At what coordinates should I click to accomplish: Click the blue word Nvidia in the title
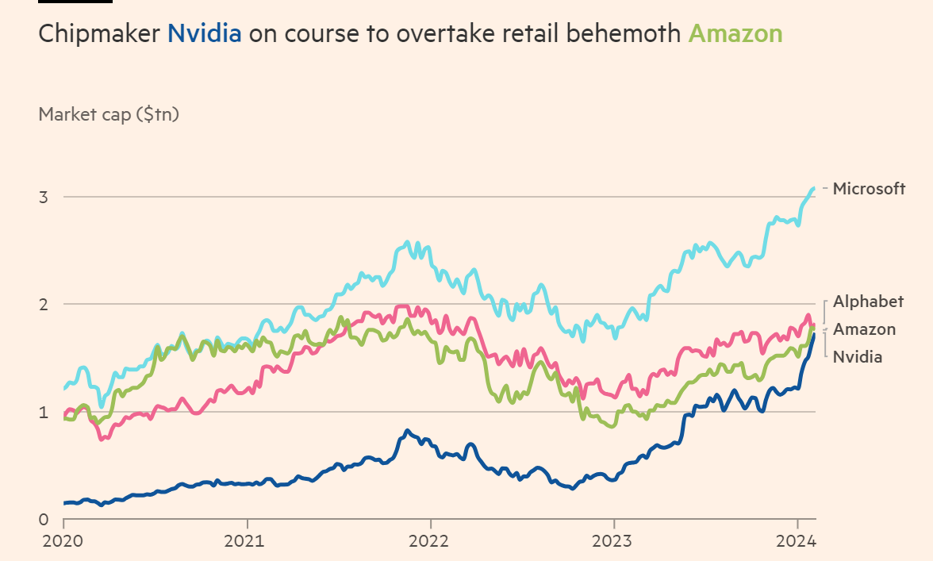click(204, 33)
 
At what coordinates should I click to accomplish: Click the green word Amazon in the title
click(735, 33)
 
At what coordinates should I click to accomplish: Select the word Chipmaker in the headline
click(98, 33)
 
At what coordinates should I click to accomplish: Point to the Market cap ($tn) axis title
click(109, 114)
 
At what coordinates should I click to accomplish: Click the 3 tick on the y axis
click(44, 197)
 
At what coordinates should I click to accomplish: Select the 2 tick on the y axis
click(44, 304)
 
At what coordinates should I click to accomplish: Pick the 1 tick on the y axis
click(44, 412)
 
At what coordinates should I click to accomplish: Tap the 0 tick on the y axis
click(44, 520)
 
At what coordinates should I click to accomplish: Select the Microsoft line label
click(869, 189)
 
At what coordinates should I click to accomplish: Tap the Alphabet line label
click(868, 302)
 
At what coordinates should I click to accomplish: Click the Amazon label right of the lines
click(864, 329)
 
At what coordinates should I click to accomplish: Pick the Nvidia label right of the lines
click(857, 357)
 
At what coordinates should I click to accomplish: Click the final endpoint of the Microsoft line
click(814, 188)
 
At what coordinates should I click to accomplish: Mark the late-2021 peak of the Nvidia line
click(407, 431)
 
